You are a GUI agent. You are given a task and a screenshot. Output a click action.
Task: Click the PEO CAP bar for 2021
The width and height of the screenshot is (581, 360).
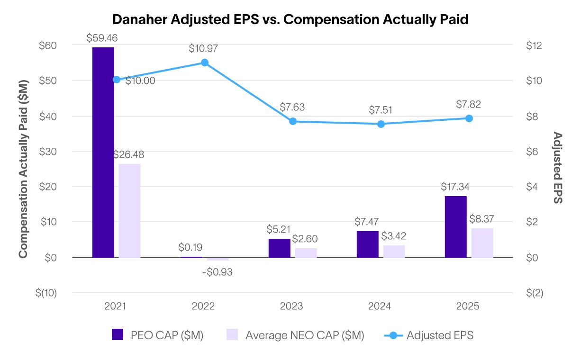[x=103, y=152]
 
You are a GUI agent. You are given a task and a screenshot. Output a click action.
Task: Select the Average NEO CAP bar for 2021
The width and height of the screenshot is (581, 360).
[x=129, y=210]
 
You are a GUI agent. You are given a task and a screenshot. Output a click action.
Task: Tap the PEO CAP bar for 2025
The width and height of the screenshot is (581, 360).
[x=455, y=226]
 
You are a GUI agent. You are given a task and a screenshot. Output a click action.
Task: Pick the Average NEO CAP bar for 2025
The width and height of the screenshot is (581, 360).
[x=482, y=243]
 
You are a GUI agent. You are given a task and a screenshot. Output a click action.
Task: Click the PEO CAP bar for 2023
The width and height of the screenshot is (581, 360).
[x=279, y=248]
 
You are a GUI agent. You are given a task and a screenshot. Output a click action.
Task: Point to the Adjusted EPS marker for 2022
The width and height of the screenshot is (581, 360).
[x=205, y=63]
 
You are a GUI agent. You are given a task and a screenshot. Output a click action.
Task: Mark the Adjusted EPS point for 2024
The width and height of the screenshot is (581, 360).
[x=381, y=124]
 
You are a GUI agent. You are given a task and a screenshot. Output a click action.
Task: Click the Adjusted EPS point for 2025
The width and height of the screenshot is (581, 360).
[x=469, y=118]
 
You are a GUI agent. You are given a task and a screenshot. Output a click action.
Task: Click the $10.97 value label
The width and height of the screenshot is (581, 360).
[x=204, y=48]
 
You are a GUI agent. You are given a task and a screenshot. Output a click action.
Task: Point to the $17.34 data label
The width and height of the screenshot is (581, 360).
[x=456, y=186]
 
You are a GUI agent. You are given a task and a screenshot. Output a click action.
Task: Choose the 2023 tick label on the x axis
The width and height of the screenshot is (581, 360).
[x=291, y=306]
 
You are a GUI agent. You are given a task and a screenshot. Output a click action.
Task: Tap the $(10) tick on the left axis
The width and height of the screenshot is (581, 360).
[x=46, y=293]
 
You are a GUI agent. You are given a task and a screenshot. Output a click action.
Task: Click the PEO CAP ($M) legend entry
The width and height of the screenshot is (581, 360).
[x=157, y=335]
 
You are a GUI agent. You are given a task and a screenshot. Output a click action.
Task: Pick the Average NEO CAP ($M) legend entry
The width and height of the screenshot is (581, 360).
[x=295, y=335]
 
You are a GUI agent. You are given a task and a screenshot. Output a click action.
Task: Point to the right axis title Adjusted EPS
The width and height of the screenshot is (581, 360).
[x=558, y=168]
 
